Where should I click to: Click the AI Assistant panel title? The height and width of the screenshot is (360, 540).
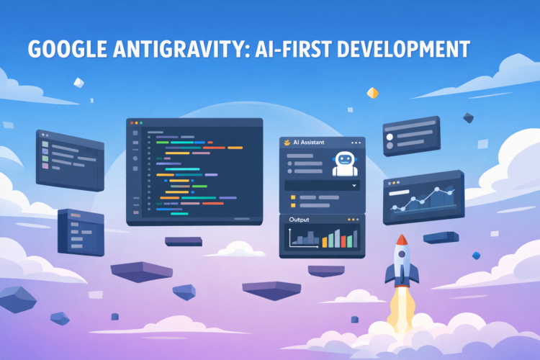pyautogui.click(x=312, y=143)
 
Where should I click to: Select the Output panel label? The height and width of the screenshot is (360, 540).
pyautogui.click(x=299, y=220)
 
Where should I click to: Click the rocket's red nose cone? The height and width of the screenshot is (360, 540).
pyautogui.click(x=402, y=240)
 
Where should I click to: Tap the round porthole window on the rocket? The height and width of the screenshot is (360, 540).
pyautogui.click(x=402, y=254)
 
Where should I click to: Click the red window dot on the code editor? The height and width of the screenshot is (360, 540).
pyautogui.click(x=132, y=124)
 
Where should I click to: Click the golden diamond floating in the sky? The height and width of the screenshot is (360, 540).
pyautogui.click(x=372, y=93)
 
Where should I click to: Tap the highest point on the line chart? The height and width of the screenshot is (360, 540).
pyautogui.click(x=438, y=189)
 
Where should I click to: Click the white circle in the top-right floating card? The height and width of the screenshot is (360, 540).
pyautogui.click(x=390, y=136)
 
